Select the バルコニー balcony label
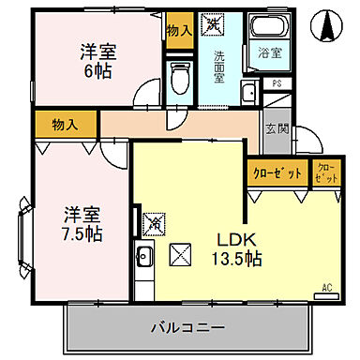tap(187, 328)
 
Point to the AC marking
tap(327, 287)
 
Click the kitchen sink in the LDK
tap(145, 256)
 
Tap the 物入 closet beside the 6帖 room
tap(178, 30)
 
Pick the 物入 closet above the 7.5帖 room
tap(65, 122)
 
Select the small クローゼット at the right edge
tap(325, 172)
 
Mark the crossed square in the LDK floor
tap(180, 252)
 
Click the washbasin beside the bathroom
tap(247, 93)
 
